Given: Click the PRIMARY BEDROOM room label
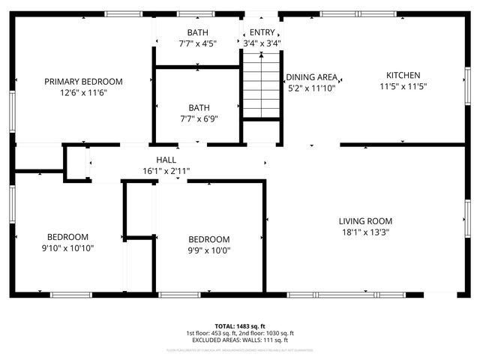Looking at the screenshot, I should point(83,82).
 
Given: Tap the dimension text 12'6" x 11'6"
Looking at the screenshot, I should point(83,93).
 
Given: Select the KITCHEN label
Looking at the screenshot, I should point(403,75).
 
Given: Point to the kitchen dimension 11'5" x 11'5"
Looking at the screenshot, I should point(403,86).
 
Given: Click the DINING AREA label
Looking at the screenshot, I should point(311,77).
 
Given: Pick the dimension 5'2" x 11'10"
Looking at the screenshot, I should point(311,88).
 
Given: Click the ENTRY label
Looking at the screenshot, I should point(262,32).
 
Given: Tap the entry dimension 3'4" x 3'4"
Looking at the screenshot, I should point(262,43).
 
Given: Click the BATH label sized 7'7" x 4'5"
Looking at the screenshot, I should point(198,32).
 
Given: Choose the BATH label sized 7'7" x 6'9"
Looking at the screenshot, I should point(199,107).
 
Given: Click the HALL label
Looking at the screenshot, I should point(166,160).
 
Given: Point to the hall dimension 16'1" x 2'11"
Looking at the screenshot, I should point(166,171).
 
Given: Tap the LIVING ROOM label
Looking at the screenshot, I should point(365,221).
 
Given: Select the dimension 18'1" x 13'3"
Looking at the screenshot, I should point(365,232).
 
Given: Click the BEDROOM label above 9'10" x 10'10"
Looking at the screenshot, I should point(67,236).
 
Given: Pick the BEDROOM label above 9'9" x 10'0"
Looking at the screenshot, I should point(208,240).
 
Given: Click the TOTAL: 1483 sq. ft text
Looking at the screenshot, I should point(240,325).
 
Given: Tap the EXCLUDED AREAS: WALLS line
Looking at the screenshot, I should point(240,340).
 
